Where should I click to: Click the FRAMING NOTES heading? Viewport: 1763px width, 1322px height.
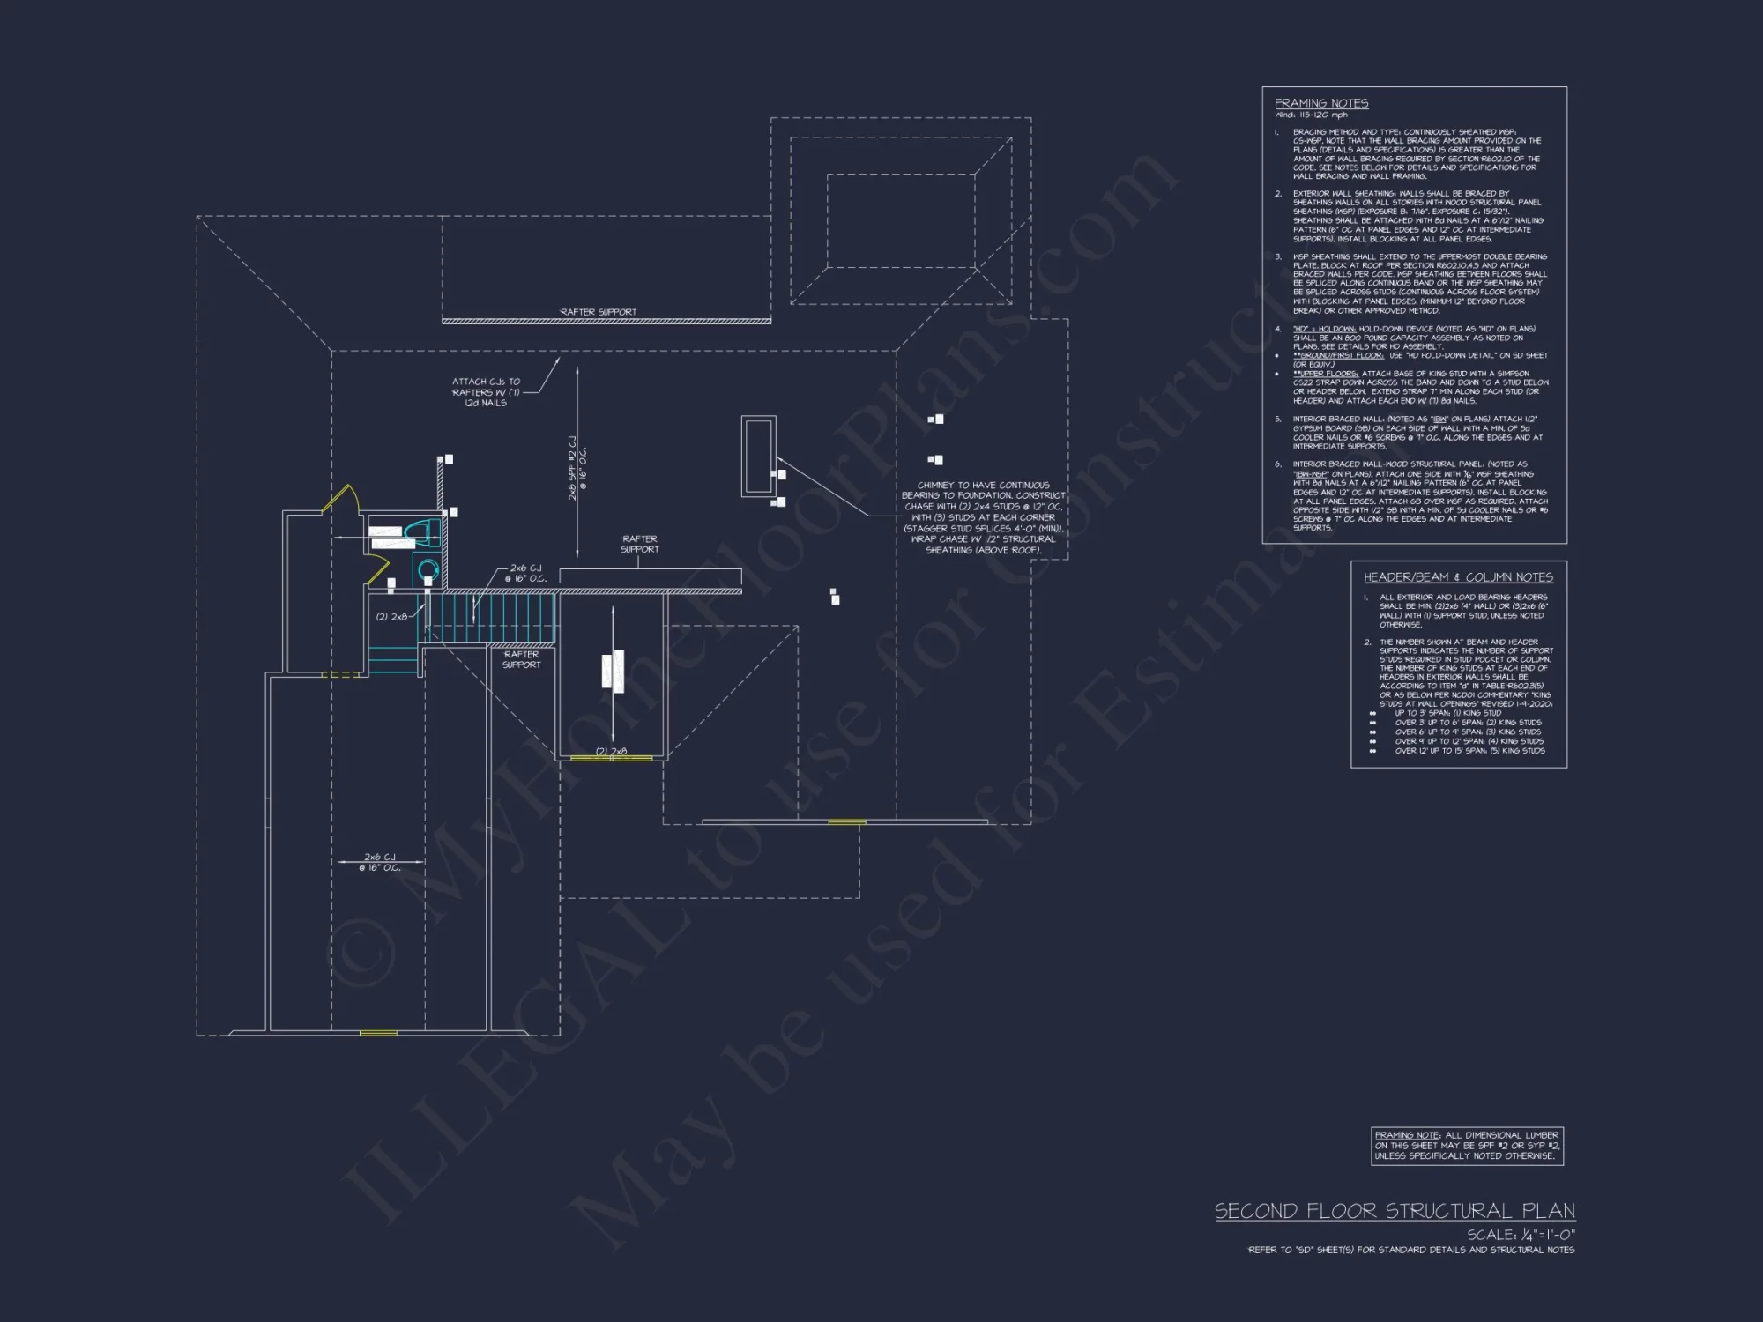pos(1320,103)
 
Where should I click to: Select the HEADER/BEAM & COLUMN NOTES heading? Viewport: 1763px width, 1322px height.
pos(1458,577)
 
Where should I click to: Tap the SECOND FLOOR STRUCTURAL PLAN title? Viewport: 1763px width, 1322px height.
pos(1395,1210)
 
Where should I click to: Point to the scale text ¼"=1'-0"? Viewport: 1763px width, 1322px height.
pos(1521,1235)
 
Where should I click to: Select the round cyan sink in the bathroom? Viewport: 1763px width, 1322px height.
pos(428,568)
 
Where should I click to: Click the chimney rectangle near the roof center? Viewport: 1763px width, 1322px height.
pos(758,456)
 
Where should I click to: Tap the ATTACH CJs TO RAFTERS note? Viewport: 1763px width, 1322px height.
pos(486,392)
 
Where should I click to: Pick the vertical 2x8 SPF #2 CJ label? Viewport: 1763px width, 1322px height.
pos(577,468)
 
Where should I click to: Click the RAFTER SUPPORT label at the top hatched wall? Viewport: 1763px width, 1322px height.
pos(598,312)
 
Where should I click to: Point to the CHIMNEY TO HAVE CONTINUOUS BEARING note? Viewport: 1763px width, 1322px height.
pos(983,517)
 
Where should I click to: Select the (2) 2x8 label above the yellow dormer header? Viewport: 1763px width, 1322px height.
pos(611,751)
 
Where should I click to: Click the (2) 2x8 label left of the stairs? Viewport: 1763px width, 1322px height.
pos(391,616)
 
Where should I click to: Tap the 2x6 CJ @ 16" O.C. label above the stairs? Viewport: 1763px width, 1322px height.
pos(526,573)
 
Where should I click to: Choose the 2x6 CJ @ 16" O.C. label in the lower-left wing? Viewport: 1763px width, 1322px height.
pos(380,862)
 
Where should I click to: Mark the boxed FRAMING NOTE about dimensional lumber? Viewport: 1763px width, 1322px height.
pos(1467,1146)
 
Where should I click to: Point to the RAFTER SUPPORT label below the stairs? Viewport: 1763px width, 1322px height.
pos(521,659)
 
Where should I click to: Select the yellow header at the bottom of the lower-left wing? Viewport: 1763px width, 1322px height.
pos(378,1032)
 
